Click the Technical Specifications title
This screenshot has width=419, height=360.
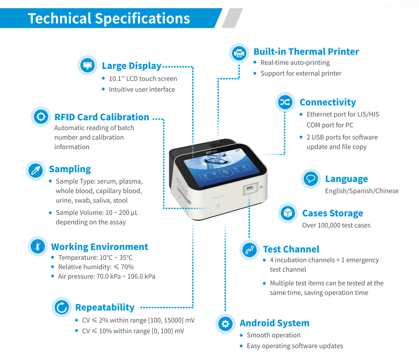point(109,18)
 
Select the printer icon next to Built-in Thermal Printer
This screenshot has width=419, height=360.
point(239,53)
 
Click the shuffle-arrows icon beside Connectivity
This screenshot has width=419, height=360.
point(285,102)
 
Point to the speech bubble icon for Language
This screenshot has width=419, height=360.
point(311,179)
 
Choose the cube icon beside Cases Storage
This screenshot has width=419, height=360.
point(288,213)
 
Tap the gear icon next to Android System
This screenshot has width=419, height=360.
point(225,323)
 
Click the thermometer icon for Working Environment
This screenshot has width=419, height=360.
point(38,246)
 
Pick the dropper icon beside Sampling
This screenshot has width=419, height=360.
point(35,170)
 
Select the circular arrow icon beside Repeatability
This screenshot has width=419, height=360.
point(62,308)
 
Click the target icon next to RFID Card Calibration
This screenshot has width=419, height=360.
point(41,117)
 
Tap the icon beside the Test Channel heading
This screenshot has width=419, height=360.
point(250,249)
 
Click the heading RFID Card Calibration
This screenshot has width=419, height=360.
point(102,117)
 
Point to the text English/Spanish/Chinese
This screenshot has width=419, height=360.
point(361,191)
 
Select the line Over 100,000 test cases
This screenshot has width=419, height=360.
point(336,225)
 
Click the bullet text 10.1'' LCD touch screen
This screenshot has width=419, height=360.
point(143,79)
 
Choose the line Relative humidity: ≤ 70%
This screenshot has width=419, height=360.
point(96,267)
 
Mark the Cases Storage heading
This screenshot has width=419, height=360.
point(333,213)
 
